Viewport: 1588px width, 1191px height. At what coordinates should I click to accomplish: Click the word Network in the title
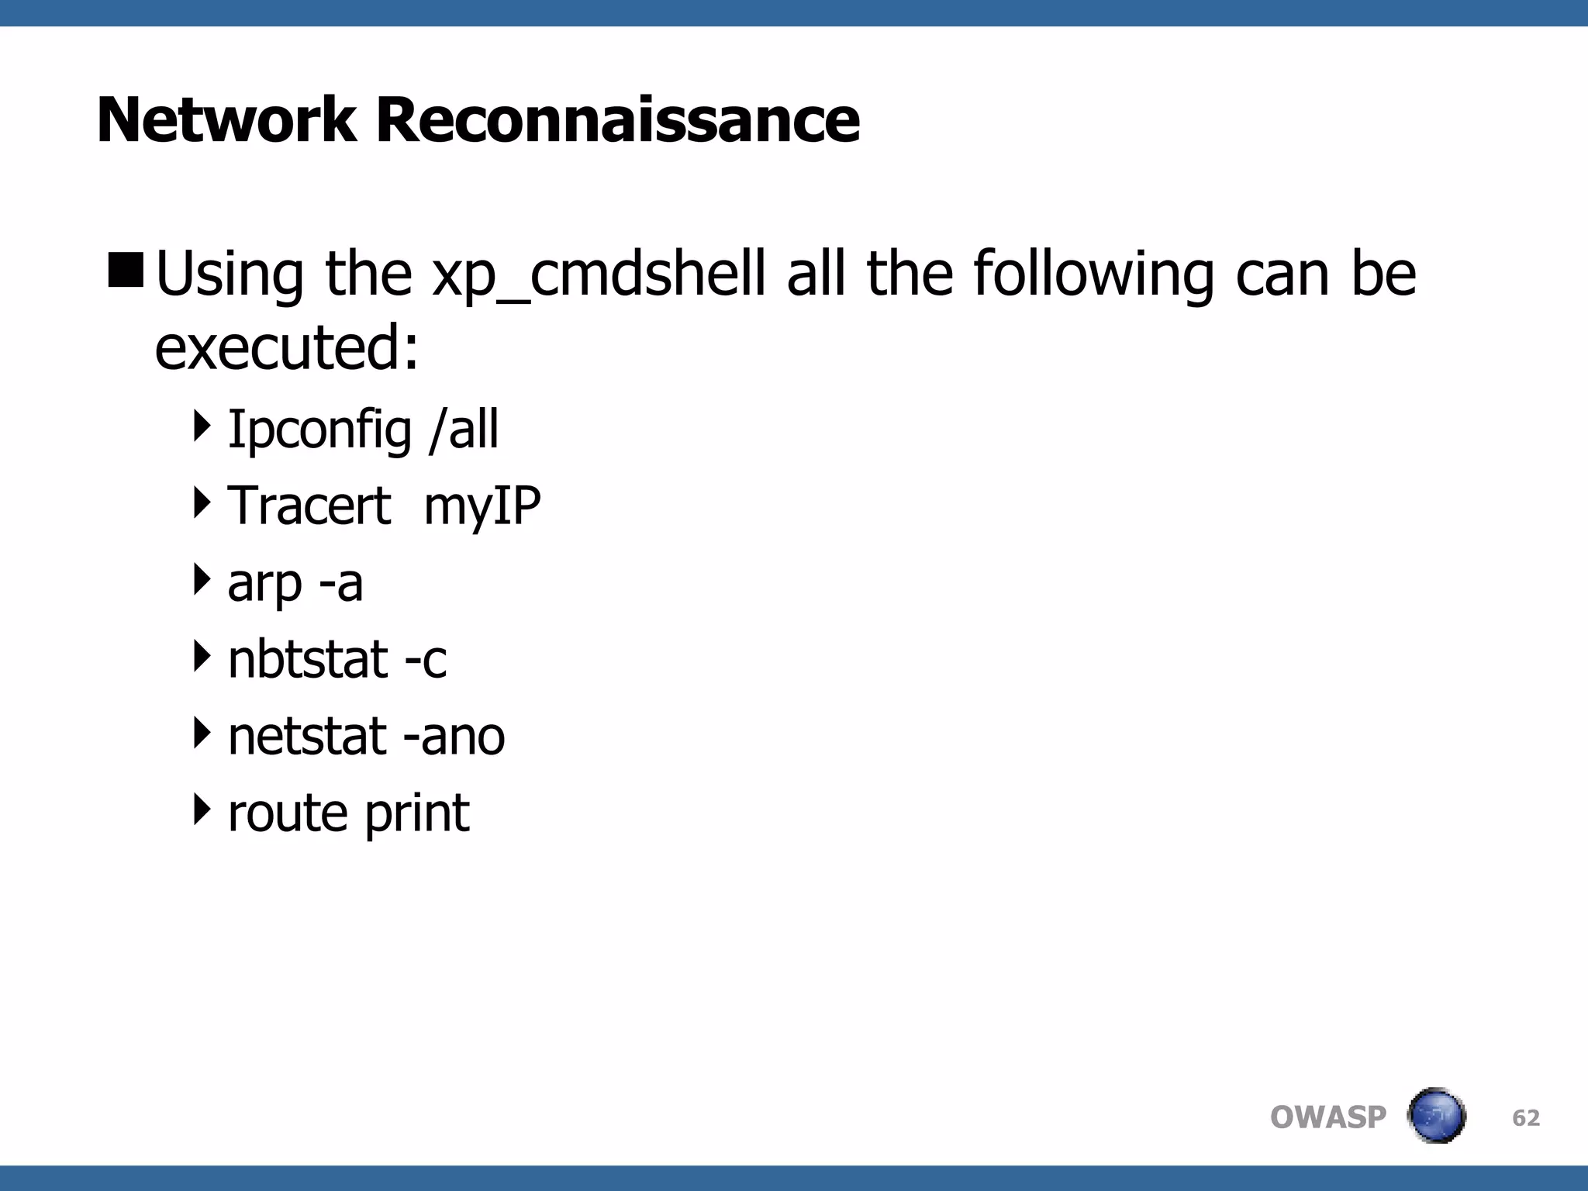coord(226,120)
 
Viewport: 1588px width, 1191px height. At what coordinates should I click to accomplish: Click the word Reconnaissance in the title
coord(618,120)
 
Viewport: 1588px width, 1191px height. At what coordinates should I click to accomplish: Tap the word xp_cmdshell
coord(599,275)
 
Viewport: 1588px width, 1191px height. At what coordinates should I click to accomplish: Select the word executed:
coord(287,348)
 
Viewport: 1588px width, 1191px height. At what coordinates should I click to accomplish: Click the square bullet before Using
coord(126,269)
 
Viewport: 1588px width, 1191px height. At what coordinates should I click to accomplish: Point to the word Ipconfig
coord(319,430)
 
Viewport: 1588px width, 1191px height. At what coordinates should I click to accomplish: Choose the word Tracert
coord(309,506)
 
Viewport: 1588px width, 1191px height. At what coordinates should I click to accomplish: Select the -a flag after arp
coord(340,583)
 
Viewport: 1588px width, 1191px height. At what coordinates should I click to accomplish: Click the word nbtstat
coord(307,659)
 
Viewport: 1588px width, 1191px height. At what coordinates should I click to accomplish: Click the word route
coord(287,813)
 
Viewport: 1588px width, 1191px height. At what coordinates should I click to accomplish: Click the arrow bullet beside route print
coord(202,809)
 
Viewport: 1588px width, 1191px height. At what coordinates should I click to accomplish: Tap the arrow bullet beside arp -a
coord(202,579)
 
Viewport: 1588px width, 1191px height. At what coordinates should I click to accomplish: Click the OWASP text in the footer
coord(1327,1117)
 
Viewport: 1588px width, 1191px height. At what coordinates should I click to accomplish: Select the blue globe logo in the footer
coord(1436,1116)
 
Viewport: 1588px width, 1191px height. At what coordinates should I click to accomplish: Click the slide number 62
coord(1526,1117)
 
